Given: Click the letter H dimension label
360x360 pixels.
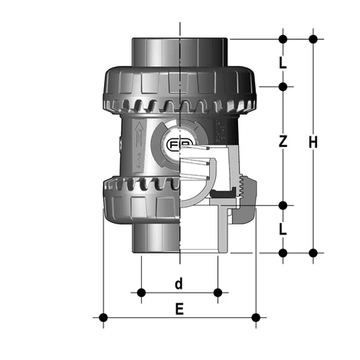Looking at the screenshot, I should pos(313,142).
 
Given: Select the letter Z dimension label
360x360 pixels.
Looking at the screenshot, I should pos(283,142).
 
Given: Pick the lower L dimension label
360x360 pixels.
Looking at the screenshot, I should pos(283,228).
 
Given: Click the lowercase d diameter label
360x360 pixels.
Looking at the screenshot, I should pos(178,284).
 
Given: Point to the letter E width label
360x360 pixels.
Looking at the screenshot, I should pos(179,309).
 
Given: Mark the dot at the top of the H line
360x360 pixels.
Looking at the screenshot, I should pos(313,38).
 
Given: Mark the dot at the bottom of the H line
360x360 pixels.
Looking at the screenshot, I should pos(313,252).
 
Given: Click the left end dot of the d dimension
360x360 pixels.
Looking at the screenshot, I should pos(141,292).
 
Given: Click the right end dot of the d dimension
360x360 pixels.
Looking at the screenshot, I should pos(218,292).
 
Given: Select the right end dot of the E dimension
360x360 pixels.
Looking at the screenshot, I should pos(257,316).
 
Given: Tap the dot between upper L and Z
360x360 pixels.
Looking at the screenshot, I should pos(283,86).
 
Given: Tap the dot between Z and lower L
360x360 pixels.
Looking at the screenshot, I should pos(283,205).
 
